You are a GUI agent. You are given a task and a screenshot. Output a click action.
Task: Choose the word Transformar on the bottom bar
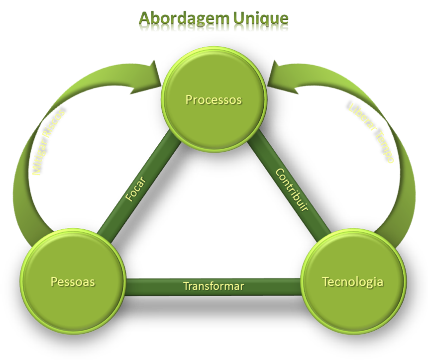click(214, 286)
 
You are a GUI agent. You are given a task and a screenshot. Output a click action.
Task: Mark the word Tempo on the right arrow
click(384, 147)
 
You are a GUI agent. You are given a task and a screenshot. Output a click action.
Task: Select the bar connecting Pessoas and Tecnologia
click(149, 287)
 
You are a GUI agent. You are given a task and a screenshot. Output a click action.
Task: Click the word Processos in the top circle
click(214, 100)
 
